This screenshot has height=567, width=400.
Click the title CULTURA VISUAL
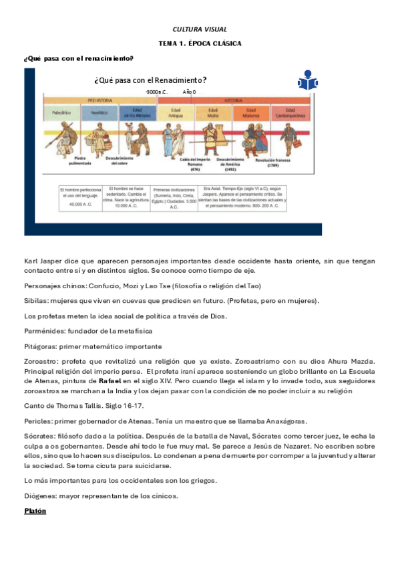click(x=200, y=29)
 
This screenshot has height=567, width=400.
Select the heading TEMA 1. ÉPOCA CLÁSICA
click(x=200, y=43)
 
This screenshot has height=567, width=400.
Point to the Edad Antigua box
click(x=176, y=113)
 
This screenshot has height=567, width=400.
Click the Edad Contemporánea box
click(x=290, y=113)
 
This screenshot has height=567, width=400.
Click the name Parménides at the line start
click(x=42, y=330)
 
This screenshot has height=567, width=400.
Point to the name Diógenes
click(x=41, y=495)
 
